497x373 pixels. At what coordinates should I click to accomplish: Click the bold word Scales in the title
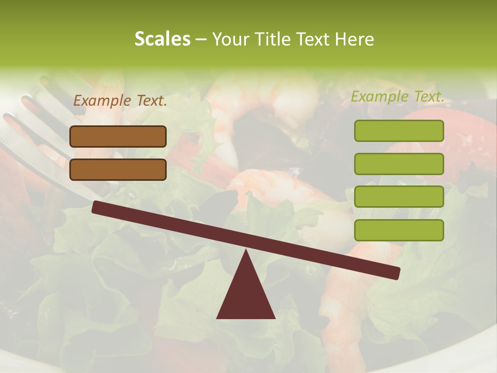point(162,39)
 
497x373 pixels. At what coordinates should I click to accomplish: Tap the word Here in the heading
point(355,39)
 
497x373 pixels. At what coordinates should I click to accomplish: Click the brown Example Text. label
point(120,101)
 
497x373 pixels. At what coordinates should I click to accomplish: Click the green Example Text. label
point(398,96)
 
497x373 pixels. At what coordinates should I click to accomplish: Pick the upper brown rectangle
point(118,136)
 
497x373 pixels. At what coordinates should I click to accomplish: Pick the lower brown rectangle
point(118,169)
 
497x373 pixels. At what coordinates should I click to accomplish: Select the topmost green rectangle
point(399,131)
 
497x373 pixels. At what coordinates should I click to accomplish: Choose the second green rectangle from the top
point(399,164)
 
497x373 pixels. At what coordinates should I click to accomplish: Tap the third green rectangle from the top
point(399,197)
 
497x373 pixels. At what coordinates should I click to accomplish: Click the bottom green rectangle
point(399,230)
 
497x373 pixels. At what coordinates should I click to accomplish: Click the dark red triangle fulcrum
point(246,295)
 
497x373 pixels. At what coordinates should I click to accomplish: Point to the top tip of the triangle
point(246,251)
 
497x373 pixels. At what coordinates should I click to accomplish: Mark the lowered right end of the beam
point(396,273)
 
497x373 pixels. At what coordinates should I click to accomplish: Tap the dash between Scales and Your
point(201,40)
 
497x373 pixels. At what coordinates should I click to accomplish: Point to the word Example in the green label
point(379,96)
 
